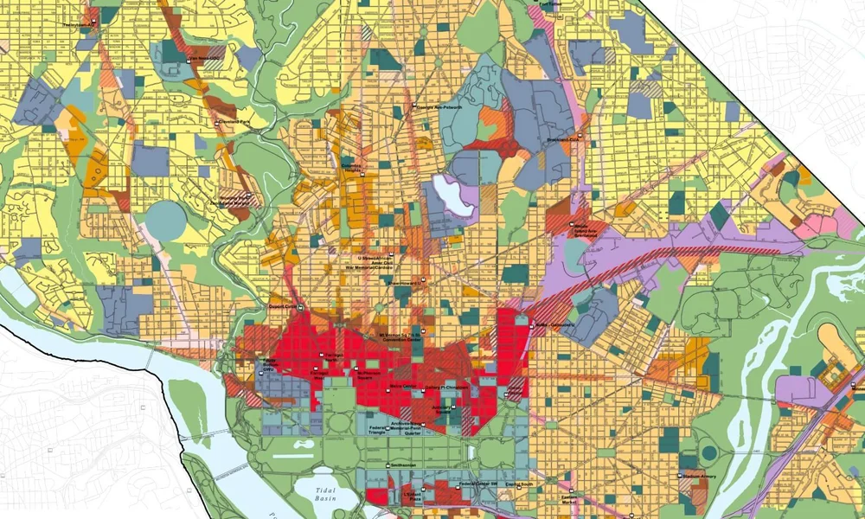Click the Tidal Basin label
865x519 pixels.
pyautogui.click(x=322, y=495)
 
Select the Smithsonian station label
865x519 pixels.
pyautogui.click(x=404, y=465)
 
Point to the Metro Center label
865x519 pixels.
pyautogui.click(x=404, y=386)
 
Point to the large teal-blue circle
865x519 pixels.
pyautogui.click(x=164, y=220)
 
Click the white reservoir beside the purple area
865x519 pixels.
pyautogui.click(x=455, y=194)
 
